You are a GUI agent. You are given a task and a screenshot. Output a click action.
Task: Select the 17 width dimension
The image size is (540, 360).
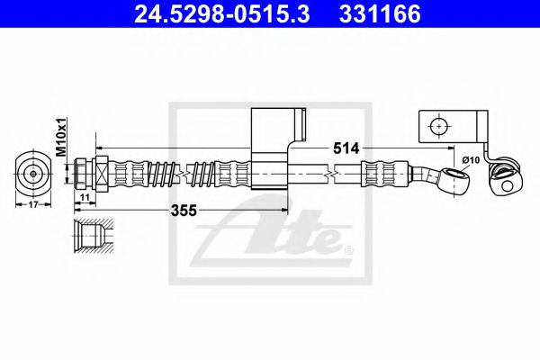[x=34, y=204]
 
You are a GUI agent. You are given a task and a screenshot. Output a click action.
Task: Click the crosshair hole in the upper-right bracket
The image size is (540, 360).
[x=438, y=127]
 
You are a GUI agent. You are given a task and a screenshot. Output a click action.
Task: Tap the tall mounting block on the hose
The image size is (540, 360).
[x=270, y=148]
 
